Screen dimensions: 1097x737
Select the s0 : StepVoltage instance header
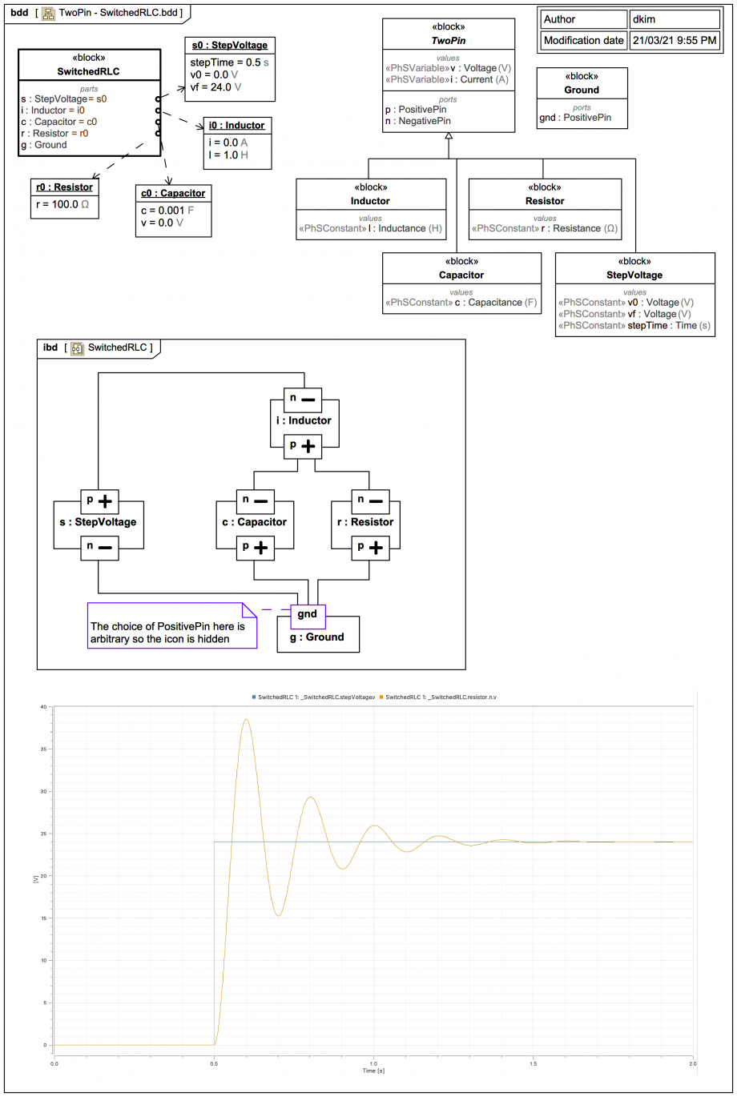tap(230, 45)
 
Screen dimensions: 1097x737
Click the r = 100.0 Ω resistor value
tap(62, 204)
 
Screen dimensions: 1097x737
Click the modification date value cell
tap(675, 40)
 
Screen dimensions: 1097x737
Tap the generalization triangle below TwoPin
tap(449, 136)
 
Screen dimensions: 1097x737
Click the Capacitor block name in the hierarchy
tap(461, 275)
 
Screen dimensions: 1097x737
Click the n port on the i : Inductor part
tap(303, 399)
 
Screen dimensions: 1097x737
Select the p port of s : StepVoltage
tap(98, 502)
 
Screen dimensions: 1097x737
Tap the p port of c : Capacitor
tap(253, 548)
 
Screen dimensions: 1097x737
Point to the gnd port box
tap(308, 615)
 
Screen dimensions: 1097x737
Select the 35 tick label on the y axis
tap(44, 749)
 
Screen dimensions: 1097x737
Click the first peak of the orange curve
tap(246, 720)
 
